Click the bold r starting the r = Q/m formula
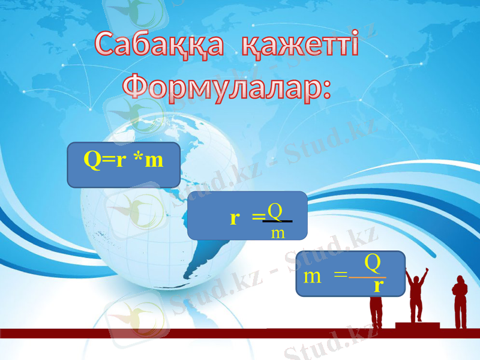[235, 218]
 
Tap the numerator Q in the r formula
[275, 211]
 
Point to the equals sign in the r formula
[257, 218]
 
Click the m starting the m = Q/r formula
[312, 277]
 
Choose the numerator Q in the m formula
[373, 262]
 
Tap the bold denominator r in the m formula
[377, 286]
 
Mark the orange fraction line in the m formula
[368, 277]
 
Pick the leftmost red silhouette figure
[376, 306]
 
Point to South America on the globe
[201, 252]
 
